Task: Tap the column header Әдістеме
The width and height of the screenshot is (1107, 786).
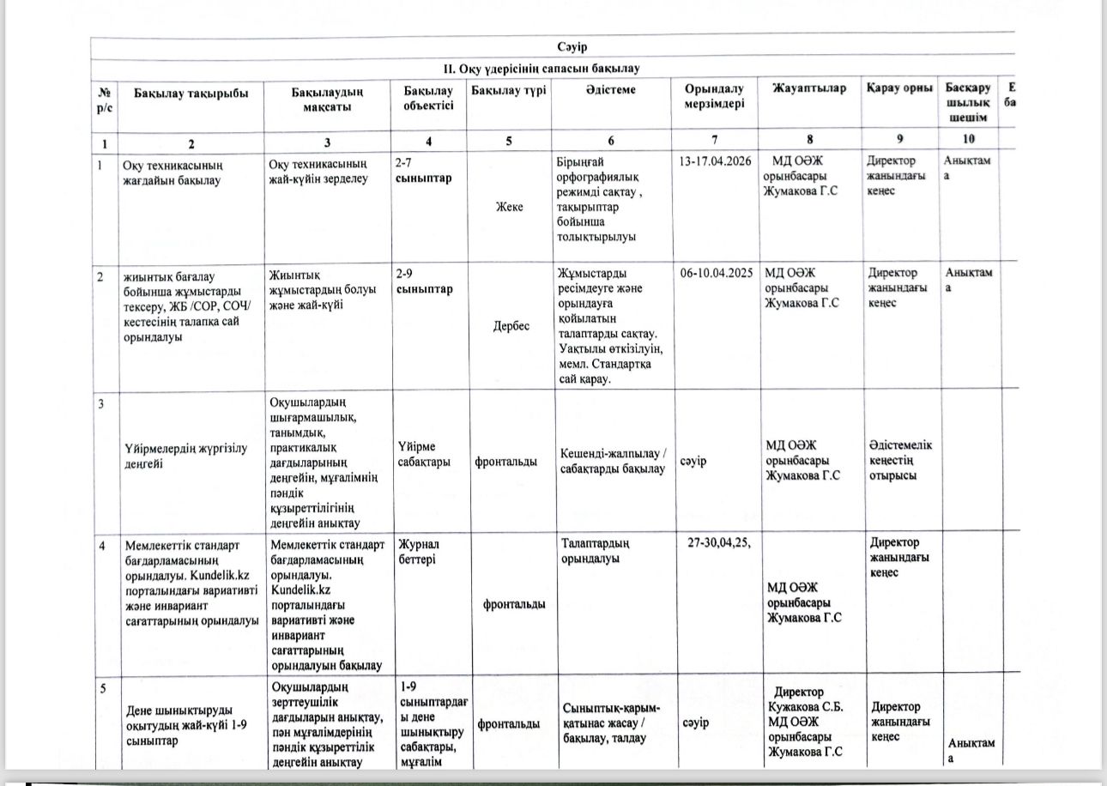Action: (611, 89)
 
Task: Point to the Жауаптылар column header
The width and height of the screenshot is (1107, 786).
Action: (809, 88)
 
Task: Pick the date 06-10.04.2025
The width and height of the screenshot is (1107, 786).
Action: (716, 274)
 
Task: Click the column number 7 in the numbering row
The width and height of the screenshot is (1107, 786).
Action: (714, 141)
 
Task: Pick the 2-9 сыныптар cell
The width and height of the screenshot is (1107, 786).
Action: (424, 281)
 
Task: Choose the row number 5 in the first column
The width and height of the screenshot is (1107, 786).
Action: (102, 688)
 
